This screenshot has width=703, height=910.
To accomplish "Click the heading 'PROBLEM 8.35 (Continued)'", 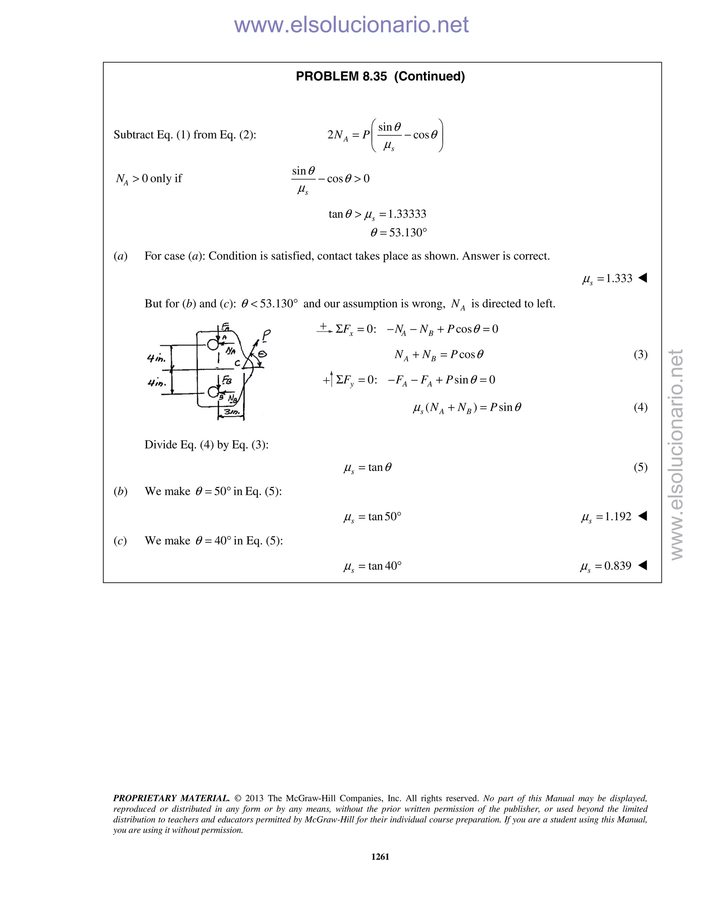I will tap(380, 76).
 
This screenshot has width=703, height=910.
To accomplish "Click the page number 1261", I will tap(380, 857).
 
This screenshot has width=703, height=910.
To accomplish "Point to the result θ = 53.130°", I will tap(399, 232).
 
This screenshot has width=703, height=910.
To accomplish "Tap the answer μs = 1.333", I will tap(607, 278).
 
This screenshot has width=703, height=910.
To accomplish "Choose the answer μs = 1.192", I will tap(607, 517).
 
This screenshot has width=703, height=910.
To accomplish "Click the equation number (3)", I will tap(641, 355).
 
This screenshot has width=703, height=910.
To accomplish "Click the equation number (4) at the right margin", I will tap(641, 407).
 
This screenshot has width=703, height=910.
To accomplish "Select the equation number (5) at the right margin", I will tap(641, 467).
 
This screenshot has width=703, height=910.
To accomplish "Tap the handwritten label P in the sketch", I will tap(266, 334).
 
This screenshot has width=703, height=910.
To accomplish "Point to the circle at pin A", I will tap(213, 344).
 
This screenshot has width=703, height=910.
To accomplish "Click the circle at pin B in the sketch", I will tap(213, 392).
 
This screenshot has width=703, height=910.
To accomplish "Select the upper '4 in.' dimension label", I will tap(156, 358).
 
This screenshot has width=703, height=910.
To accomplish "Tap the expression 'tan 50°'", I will tap(384, 517).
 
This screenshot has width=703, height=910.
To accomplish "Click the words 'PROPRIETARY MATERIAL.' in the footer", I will tap(171, 798).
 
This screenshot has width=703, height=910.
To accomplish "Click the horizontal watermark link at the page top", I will tap(351, 25).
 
